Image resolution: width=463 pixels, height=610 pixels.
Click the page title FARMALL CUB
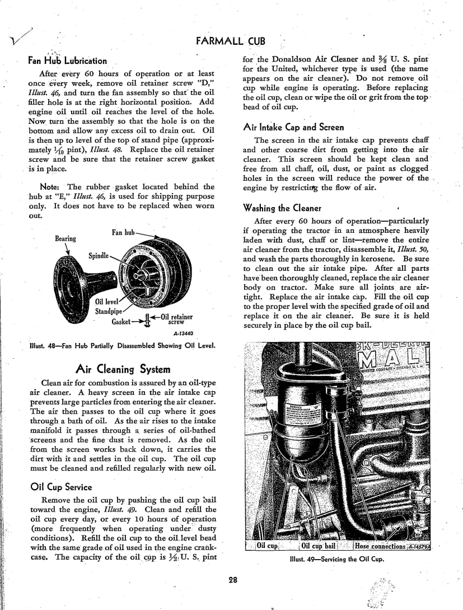click(231, 41)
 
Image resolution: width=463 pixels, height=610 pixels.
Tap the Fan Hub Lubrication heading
click(67, 60)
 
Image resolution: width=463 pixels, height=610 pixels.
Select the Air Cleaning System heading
click(123, 369)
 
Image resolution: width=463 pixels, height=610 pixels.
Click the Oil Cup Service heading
click(61, 487)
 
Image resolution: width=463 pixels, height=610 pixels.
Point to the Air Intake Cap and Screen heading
click(294, 127)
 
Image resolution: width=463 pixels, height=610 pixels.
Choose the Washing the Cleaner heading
click(283, 208)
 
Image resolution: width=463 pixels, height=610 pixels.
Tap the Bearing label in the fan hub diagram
click(66, 239)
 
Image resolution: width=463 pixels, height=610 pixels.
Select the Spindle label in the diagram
click(99, 256)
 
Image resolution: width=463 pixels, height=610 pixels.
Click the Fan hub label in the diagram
click(123, 233)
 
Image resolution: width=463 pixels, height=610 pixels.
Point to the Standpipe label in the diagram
click(109, 312)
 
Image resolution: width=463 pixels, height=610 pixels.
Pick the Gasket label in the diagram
click(120, 322)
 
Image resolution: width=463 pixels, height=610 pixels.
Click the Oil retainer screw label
click(177, 319)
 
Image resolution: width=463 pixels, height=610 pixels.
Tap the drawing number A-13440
click(183, 334)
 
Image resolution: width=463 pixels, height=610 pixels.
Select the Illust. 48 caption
click(123, 346)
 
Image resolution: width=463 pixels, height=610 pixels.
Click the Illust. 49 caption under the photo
click(337, 560)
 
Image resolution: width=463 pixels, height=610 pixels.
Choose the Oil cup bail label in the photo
click(318, 546)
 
